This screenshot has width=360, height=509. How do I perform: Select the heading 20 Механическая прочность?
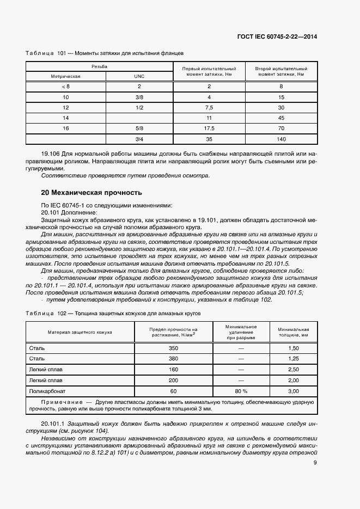91,192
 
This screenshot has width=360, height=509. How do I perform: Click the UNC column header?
139,77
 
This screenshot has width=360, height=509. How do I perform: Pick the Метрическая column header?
66,77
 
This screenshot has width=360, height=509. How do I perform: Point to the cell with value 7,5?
209,107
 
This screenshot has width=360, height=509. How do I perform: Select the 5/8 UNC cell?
139,128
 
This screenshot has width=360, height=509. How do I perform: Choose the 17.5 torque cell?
209,128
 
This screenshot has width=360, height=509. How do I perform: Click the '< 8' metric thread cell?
66,87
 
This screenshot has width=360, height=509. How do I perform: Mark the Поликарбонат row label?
45,391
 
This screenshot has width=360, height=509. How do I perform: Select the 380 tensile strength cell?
173,358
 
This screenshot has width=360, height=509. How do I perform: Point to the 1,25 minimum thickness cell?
293,358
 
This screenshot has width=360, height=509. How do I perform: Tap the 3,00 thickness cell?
293,391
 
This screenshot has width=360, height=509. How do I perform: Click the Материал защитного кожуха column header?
80,332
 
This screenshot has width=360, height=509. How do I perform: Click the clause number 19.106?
52,155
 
